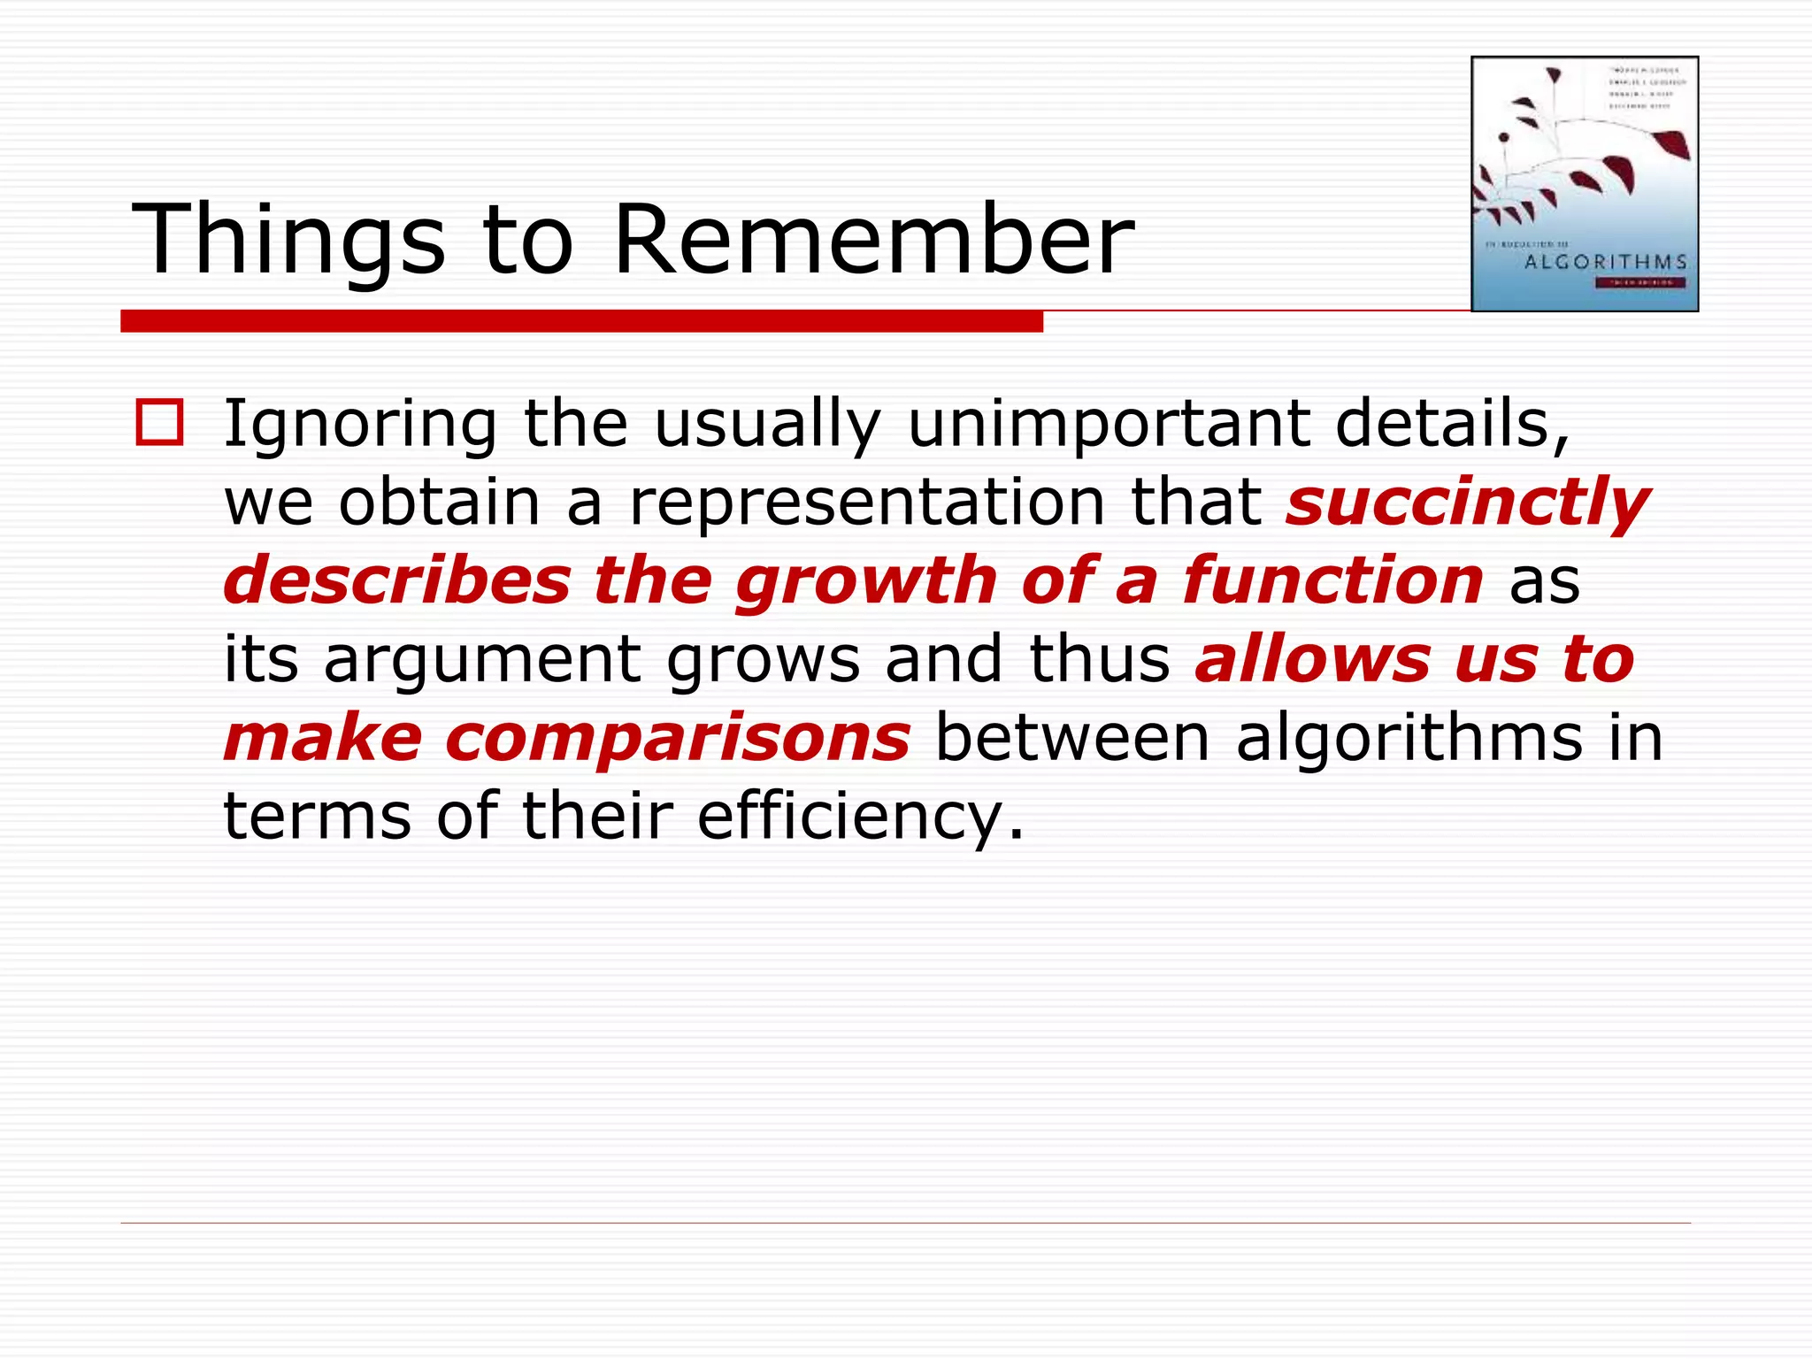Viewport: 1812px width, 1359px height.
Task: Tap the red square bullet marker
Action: click(x=159, y=422)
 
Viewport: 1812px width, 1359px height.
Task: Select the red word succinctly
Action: click(x=1467, y=503)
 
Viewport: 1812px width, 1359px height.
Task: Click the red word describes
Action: click(x=397, y=580)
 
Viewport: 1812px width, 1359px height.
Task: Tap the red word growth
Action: click(x=866, y=580)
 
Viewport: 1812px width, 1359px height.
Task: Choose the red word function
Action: click(x=1332, y=580)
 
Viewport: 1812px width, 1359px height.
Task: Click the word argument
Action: click(x=482, y=660)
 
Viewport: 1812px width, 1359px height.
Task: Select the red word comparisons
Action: click(x=678, y=738)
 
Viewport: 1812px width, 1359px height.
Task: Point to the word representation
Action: click(x=867, y=503)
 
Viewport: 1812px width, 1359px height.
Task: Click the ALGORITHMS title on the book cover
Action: click(x=1606, y=262)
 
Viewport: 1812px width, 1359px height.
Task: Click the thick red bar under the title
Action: click(x=581, y=321)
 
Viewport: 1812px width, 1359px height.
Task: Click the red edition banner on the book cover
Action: click(x=1639, y=283)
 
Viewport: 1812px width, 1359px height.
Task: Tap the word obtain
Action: click(x=439, y=503)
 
